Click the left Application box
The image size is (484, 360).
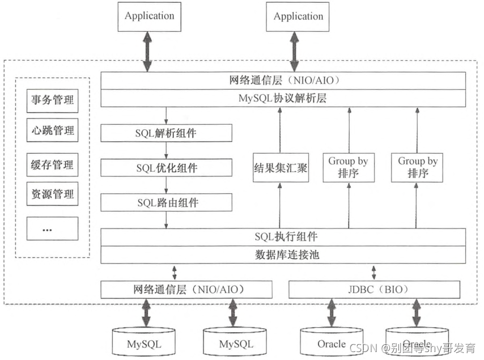tap(149, 16)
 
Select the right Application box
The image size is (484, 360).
tap(298, 16)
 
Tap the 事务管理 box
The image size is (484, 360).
tap(52, 101)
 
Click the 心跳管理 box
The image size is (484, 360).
tap(52, 130)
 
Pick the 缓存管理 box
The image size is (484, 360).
tap(52, 165)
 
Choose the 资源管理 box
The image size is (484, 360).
tap(52, 194)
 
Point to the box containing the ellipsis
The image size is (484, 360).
tap(52, 228)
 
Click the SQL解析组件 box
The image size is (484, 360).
tap(166, 134)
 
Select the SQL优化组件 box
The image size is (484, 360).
tap(166, 168)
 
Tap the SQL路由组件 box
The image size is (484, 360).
tap(166, 202)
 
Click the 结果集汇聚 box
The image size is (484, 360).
tap(281, 168)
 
